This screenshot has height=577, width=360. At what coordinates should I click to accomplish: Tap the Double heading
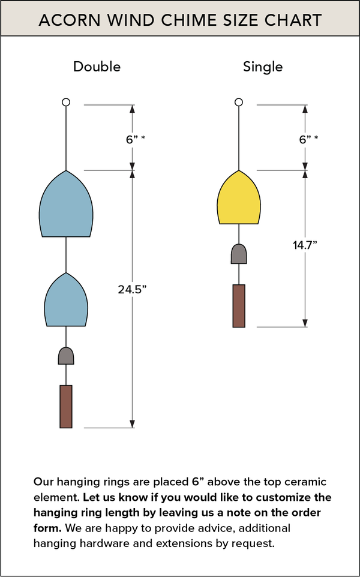click(x=97, y=67)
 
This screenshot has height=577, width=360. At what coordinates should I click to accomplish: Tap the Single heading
click(x=263, y=67)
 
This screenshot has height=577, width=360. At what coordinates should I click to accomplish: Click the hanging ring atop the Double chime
click(x=66, y=103)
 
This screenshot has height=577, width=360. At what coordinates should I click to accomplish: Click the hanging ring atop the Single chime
click(x=239, y=103)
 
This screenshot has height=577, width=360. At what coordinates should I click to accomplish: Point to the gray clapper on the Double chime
click(x=66, y=356)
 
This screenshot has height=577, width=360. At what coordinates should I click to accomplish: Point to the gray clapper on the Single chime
click(x=239, y=254)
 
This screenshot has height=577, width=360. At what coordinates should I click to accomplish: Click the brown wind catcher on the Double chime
click(x=66, y=406)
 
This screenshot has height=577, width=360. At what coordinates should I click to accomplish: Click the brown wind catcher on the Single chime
click(x=239, y=306)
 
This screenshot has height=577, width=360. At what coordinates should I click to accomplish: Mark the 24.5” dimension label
click(x=133, y=289)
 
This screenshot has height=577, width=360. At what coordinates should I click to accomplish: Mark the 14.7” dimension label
click(x=305, y=245)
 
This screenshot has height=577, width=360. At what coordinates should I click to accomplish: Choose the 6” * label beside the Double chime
click(x=136, y=139)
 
